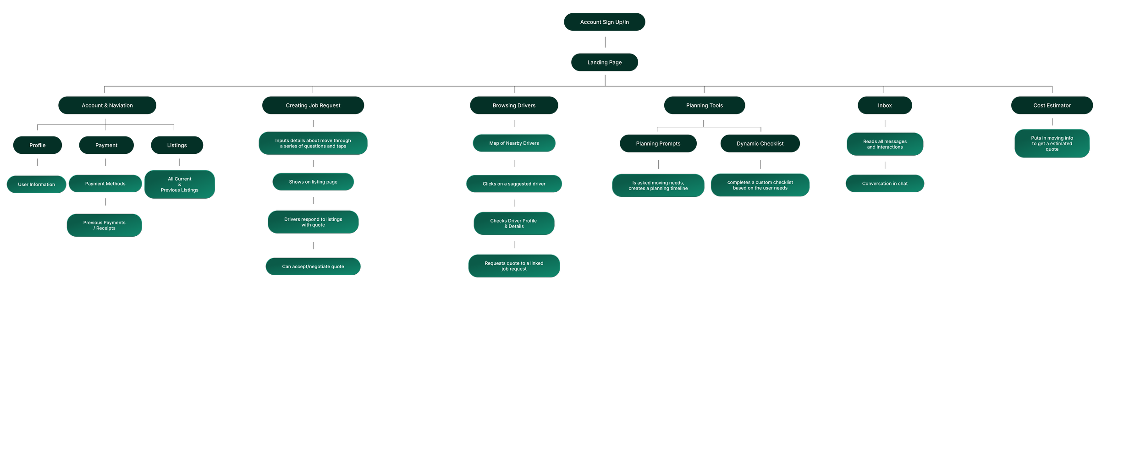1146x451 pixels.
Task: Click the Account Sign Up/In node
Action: [x=604, y=22]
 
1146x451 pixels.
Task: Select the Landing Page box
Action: [x=604, y=62]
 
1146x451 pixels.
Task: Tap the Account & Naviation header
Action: [x=107, y=105]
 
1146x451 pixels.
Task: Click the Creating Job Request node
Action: [x=313, y=105]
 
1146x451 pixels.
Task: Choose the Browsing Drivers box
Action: [x=514, y=105]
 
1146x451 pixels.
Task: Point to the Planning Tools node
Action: [x=704, y=105]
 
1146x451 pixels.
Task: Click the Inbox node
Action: [x=885, y=105]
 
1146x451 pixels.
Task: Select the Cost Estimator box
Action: [x=1052, y=105]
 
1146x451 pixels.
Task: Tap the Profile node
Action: [x=38, y=145]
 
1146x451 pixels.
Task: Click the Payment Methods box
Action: [x=105, y=184]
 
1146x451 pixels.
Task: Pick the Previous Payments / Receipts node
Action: [x=104, y=225]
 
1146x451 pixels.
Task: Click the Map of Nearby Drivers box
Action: [x=514, y=143]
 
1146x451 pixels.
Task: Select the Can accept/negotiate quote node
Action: [x=313, y=266]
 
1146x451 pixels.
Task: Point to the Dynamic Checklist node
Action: [x=760, y=143]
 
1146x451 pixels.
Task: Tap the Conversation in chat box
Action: [x=885, y=184]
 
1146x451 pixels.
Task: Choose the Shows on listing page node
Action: [x=313, y=182]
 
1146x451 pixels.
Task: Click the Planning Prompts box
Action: [x=658, y=143]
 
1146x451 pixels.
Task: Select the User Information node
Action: [x=36, y=185]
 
